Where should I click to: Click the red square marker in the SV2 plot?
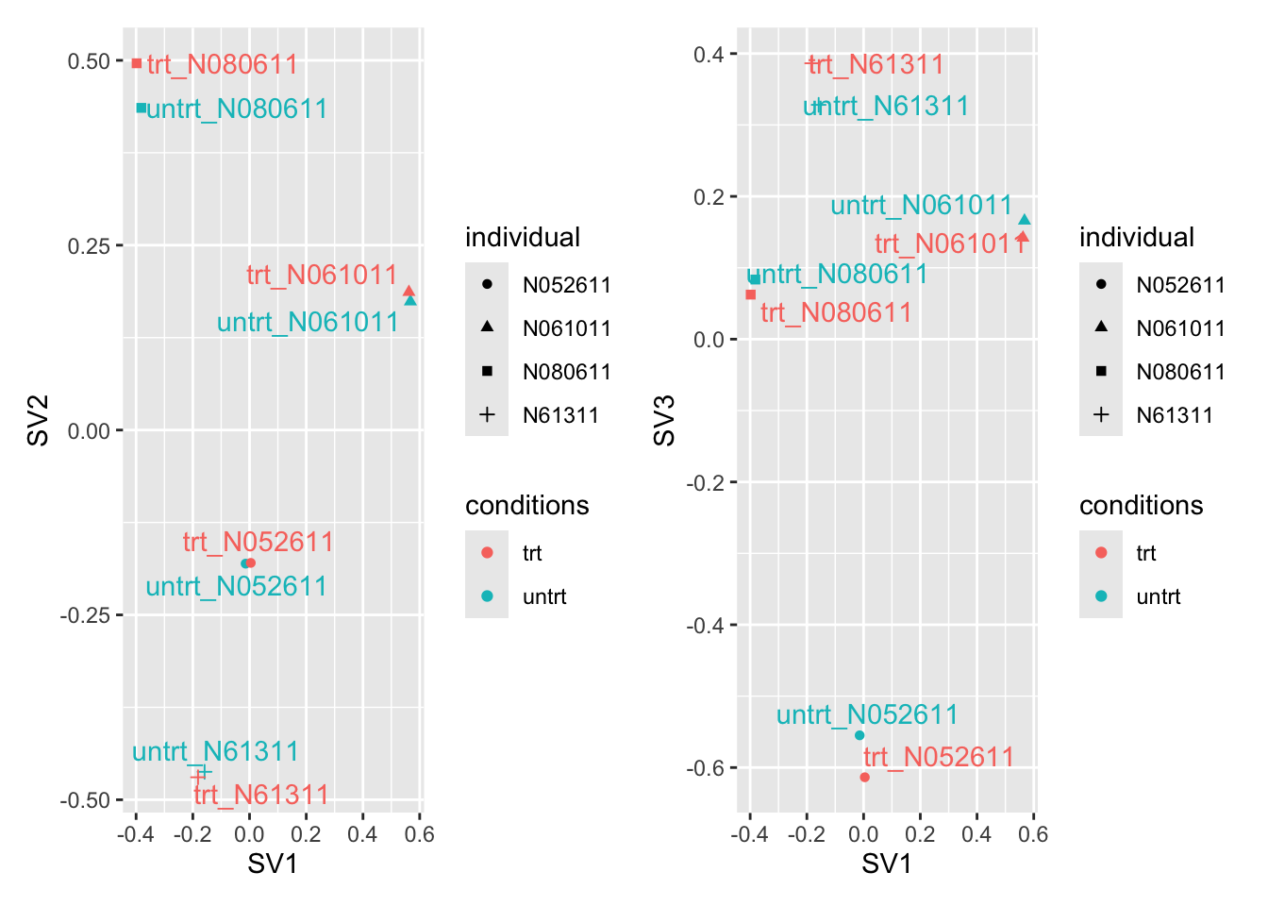(137, 63)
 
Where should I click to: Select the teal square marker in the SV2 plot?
(142, 108)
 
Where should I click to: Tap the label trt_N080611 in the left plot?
(223, 64)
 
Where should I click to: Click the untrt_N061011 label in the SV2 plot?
(308, 323)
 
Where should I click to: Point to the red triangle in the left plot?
(409, 291)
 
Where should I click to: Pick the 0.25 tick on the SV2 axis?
(89, 246)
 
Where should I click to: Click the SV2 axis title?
(38, 421)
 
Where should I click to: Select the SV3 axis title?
(664, 421)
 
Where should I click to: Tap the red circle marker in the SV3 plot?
(864, 778)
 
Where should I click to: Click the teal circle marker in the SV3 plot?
(859, 735)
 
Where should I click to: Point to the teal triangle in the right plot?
(1025, 220)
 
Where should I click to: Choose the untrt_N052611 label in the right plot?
(867, 714)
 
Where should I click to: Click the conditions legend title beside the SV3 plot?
(1142, 505)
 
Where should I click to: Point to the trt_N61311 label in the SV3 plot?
(876, 64)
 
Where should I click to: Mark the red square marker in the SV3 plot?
(751, 294)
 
